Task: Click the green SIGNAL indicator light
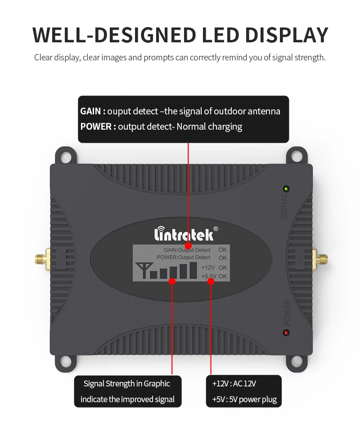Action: tap(285, 189)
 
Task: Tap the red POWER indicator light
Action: tap(286, 333)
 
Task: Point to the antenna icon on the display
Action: tap(143, 269)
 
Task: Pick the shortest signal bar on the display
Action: tap(153, 274)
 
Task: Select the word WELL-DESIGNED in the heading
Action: tap(113, 35)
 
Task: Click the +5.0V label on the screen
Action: tap(209, 276)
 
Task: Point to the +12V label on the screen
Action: tap(208, 267)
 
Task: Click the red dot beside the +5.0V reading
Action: tap(211, 281)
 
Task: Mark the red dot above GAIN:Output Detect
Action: tap(188, 245)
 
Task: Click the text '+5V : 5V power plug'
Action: tap(244, 399)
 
